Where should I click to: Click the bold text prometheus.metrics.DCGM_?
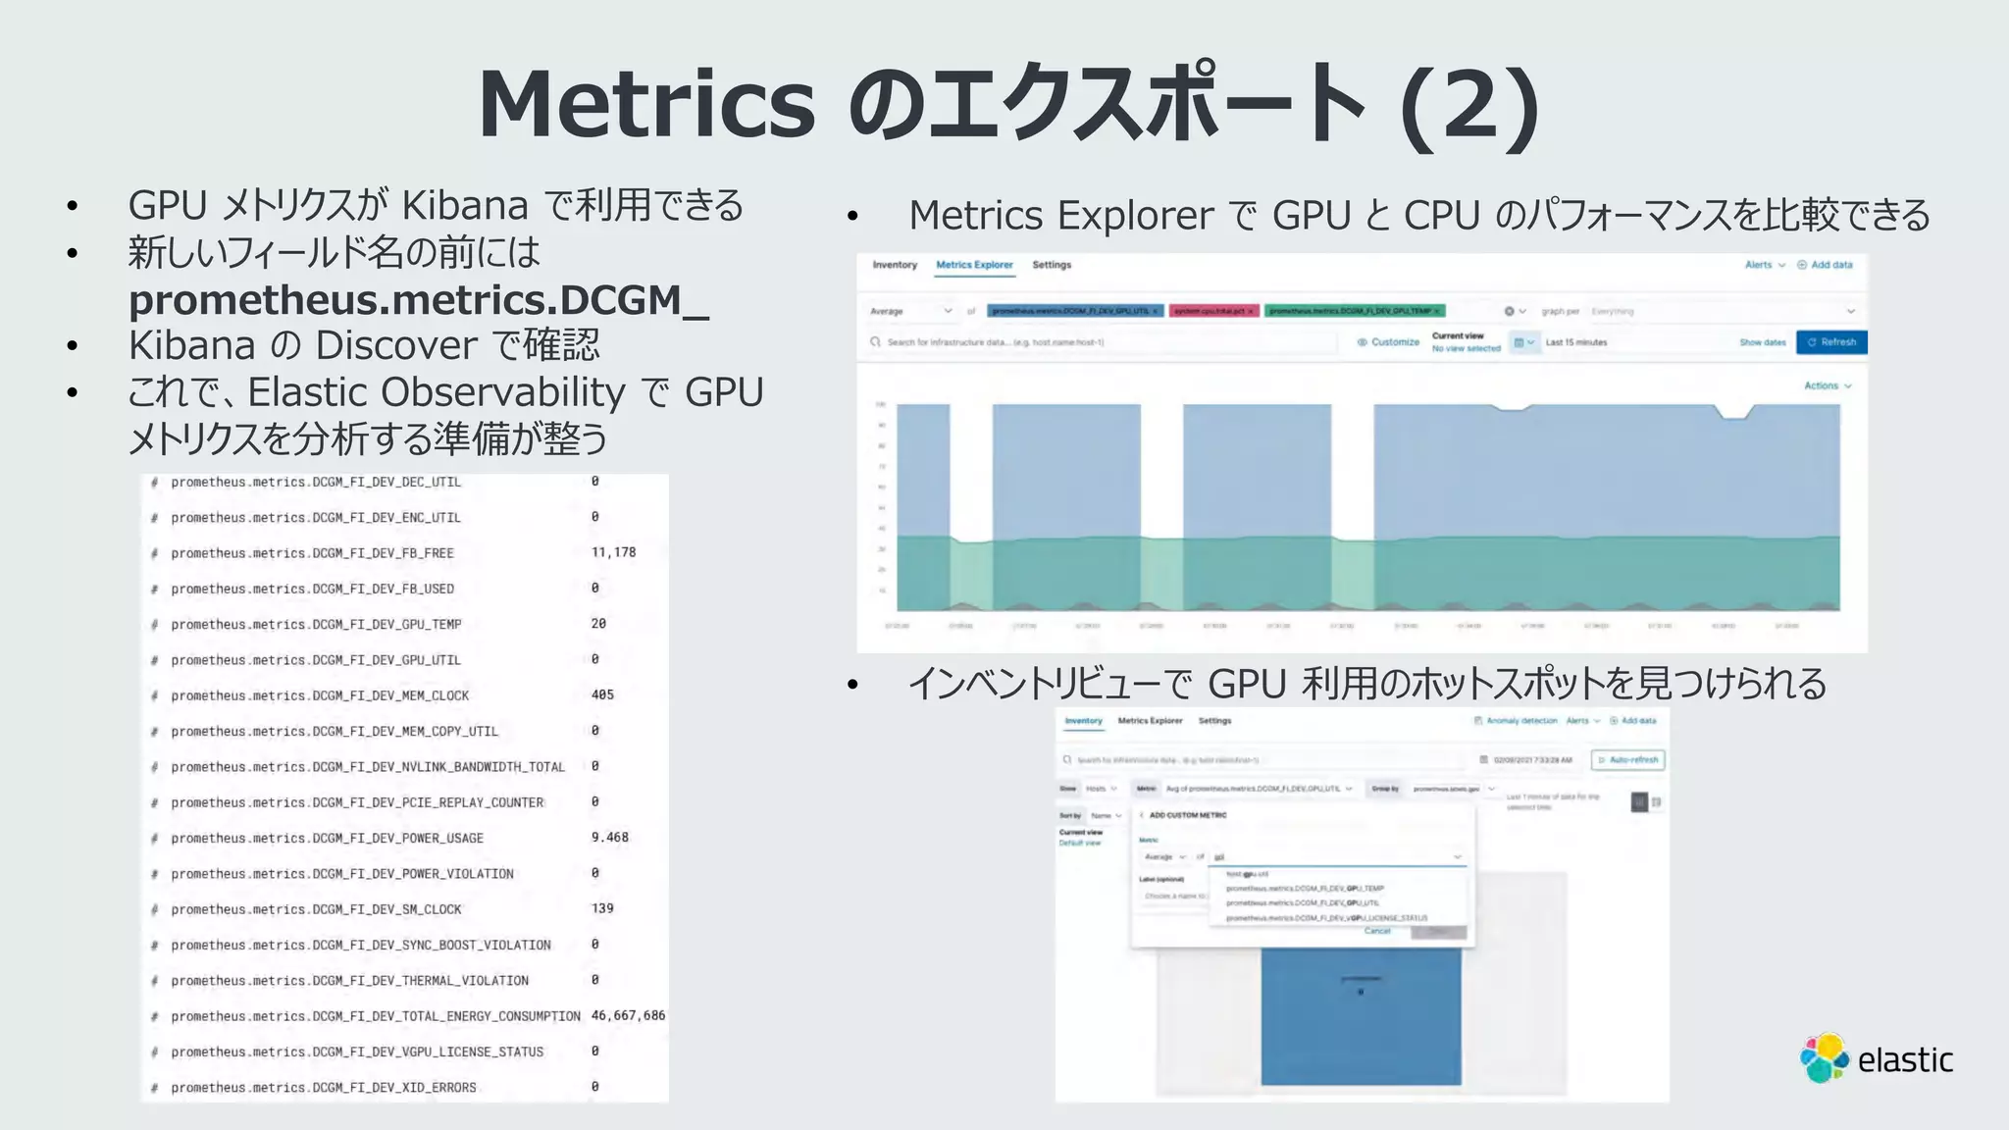pyautogui.click(x=418, y=300)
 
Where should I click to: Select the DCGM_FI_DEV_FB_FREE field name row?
pyautogui.click(x=312, y=553)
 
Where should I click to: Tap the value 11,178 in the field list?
pyautogui.click(x=613, y=552)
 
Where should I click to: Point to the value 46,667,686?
pyautogui.click(x=628, y=1015)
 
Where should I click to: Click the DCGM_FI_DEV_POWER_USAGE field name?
pyautogui.click(x=327, y=839)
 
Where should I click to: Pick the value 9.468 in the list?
pyautogui.click(x=609, y=838)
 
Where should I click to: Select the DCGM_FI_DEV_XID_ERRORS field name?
pyautogui.click(x=324, y=1088)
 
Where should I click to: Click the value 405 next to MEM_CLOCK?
pyautogui.click(x=602, y=694)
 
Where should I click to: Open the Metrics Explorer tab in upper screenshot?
pyautogui.click(x=974, y=265)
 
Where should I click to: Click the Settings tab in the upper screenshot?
pyautogui.click(x=1052, y=265)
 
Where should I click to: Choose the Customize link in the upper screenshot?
pyautogui.click(x=1394, y=342)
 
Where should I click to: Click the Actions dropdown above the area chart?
pyautogui.click(x=1828, y=385)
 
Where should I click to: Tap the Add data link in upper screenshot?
pyautogui.click(x=1830, y=265)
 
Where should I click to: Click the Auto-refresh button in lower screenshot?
pyautogui.click(x=1628, y=760)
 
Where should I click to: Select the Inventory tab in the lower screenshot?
pyautogui.click(x=1083, y=721)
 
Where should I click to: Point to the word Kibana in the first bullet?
pyautogui.click(x=465, y=206)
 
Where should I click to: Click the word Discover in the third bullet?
pyautogui.click(x=396, y=345)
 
